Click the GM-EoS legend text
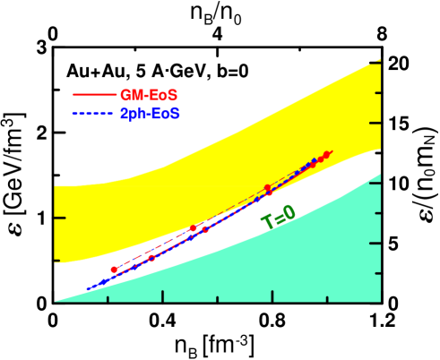150,94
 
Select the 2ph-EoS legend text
150,115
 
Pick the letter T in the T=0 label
266,222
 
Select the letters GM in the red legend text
131,94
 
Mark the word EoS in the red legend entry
165,94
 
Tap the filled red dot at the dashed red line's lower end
114,270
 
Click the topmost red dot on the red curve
327,155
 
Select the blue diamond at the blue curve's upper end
314,161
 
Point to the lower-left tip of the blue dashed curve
88,289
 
